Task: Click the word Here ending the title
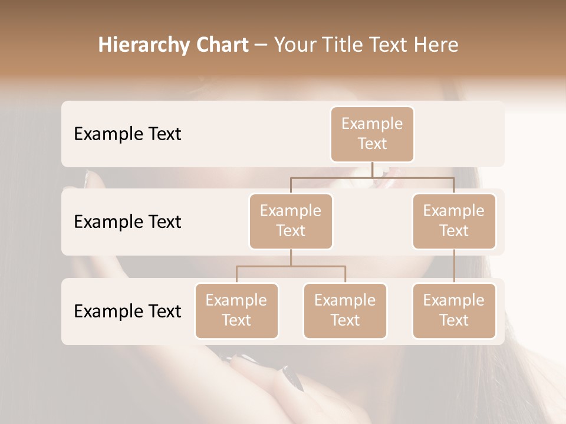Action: [x=435, y=45]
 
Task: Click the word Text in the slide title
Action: [x=388, y=45]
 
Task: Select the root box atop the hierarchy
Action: [x=372, y=134]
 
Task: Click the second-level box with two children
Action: [x=291, y=221]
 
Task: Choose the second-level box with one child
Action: [x=454, y=221]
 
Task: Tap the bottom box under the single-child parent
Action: [x=454, y=310]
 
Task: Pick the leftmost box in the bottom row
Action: [x=236, y=310]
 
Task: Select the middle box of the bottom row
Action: [x=345, y=310]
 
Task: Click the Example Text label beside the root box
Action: [x=127, y=134]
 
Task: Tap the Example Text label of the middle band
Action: [x=127, y=221]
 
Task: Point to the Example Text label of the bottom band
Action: [x=127, y=311]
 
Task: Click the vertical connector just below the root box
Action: [x=372, y=170]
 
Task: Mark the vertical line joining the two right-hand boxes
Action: [x=454, y=266]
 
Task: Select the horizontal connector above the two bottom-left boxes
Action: [x=291, y=266]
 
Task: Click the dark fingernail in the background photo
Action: [x=293, y=377]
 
